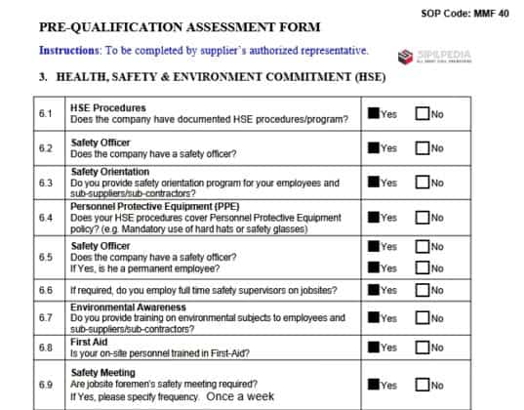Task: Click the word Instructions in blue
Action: click(71, 50)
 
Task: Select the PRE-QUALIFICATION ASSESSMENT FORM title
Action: click(180, 26)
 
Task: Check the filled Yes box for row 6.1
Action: click(373, 113)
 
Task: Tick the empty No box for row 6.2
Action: click(422, 147)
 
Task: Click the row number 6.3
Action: click(46, 183)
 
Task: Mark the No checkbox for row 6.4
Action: click(422, 217)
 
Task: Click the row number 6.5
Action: click(46, 257)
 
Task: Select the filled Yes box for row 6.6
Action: click(373, 290)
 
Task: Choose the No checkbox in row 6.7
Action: click(422, 318)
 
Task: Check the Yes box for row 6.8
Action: click(373, 347)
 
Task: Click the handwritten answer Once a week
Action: click(240, 396)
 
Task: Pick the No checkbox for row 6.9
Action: click(422, 385)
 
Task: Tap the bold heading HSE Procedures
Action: click(108, 107)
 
